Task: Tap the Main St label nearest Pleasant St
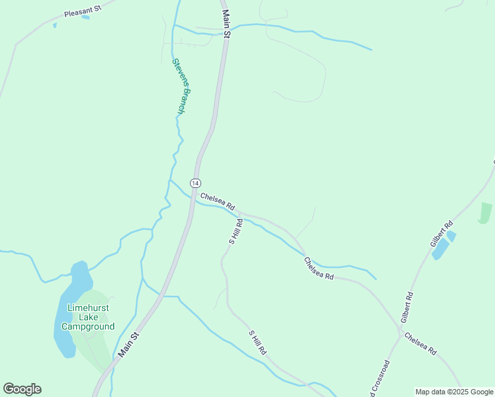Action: point(226,24)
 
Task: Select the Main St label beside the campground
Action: point(128,345)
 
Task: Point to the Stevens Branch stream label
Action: point(178,86)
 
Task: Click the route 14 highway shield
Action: point(195,183)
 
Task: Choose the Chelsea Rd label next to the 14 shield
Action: point(218,201)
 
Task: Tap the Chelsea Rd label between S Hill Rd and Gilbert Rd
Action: point(318,268)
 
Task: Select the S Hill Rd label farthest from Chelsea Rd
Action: point(257,341)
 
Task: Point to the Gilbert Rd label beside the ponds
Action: point(441,233)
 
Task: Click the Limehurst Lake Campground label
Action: point(87,317)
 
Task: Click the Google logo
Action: point(22,389)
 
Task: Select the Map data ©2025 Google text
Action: point(454,392)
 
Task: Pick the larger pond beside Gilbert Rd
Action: point(441,249)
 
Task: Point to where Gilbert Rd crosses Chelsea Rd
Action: point(400,329)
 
